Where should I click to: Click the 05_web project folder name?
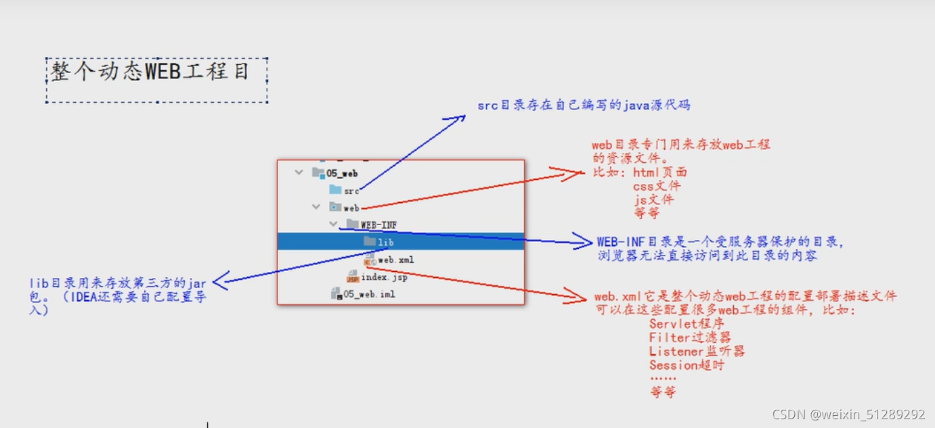tap(342, 174)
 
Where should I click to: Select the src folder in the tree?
tap(351, 191)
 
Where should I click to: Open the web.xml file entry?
tap(395, 260)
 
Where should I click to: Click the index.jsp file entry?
tap(384, 277)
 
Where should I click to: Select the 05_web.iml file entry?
tap(369, 295)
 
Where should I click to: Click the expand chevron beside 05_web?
tap(299, 173)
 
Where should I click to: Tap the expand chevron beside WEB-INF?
tap(333, 224)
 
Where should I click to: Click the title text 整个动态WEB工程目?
tap(150, 72)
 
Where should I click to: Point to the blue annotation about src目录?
tap(584, 105)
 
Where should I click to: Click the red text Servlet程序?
tap(687, 325)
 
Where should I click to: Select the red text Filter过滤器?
tap(690, 338)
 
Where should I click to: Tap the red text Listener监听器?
tap(697, 352)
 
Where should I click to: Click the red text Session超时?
tap(687, 365)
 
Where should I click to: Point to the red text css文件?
tap(657, 186)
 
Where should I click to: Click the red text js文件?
tap(653, 199)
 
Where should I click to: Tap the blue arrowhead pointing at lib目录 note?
tap(218, 281)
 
